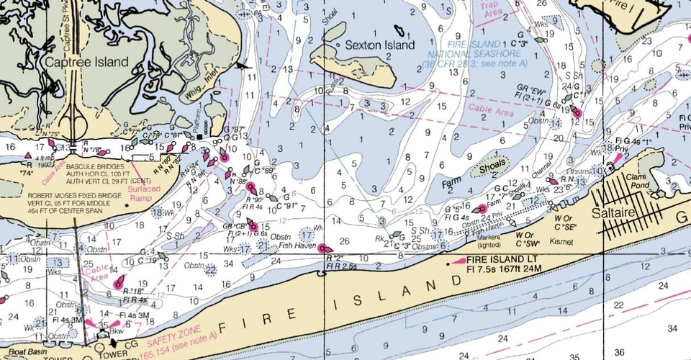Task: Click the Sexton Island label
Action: [379, 45]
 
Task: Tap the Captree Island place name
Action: [86, 63]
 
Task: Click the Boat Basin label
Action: [19, 352]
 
